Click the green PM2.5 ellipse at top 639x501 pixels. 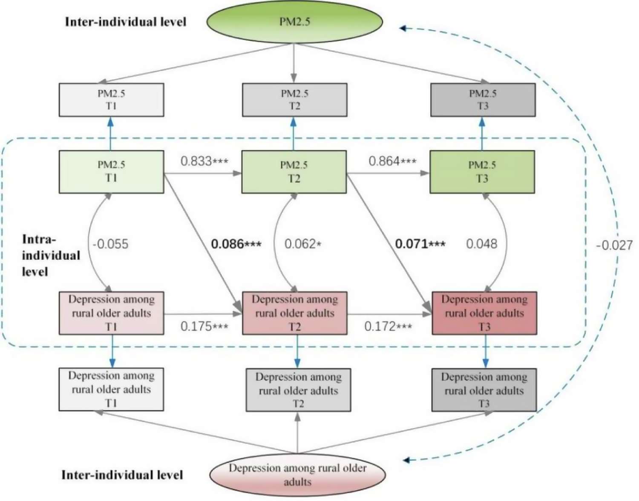[x=294, y=21]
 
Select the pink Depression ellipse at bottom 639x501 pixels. [x=297, y=475]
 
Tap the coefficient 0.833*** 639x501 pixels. [x=204, y=161]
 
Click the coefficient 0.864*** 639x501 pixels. [x=392, y=161]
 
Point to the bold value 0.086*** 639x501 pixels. [x=236, y=244]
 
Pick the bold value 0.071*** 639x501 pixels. [x=420, y=244]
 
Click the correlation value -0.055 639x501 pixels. [x=111, y=244]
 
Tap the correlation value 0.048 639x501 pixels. [x=481, y=244]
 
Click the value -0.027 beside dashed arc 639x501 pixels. [x=614, y=245]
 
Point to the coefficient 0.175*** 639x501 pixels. [x=204, y=326]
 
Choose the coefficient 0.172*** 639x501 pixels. [x=388, y=326]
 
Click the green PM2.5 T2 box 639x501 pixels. [x=294, y=172]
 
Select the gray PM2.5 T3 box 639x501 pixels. [x=483, y=100]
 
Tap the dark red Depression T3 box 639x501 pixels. [x=484, y=313]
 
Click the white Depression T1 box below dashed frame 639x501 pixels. [x=111, y=389]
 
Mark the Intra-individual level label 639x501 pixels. [x=51, y=255]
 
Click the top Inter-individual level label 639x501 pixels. [x=126, y=22]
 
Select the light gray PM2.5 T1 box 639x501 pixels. [x=111, y=100]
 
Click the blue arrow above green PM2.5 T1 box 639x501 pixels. [x=111, y=133]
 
